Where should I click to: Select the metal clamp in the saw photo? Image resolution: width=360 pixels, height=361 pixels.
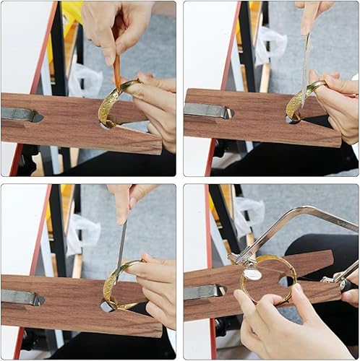[203, 292]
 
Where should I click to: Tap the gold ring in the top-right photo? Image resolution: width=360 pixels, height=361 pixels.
[298, 101]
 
